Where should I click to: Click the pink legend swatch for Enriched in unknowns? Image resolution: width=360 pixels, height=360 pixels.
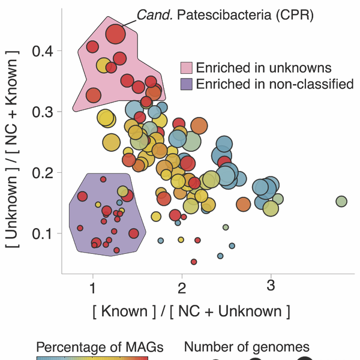pyautogui.click(x=187, y=67)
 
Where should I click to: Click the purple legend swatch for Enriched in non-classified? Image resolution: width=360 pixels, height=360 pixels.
pyautogui.click(x=187, y=84)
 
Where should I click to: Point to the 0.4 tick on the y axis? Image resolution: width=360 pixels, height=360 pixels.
pyautogui.click(x=43, y=52)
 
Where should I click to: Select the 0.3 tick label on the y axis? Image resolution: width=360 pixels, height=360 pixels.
pyautogui.click(x=43, y=112)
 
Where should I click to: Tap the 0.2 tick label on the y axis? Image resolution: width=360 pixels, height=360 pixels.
pyautogui.click(x=43, y=173)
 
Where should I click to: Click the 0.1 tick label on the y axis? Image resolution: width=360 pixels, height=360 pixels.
pyautogui.click(x=43, y=233)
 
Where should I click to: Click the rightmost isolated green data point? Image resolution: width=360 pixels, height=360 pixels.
pyautogui.click(x=341, y=201)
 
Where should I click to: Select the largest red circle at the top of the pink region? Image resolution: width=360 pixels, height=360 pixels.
pyautogui.click(x=115, y=35)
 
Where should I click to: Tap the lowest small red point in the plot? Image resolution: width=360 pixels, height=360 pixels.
pyautogui.click(x=194, y=262)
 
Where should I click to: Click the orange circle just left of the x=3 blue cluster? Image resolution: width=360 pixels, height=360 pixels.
pyautogui.click(x=243, y=204)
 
